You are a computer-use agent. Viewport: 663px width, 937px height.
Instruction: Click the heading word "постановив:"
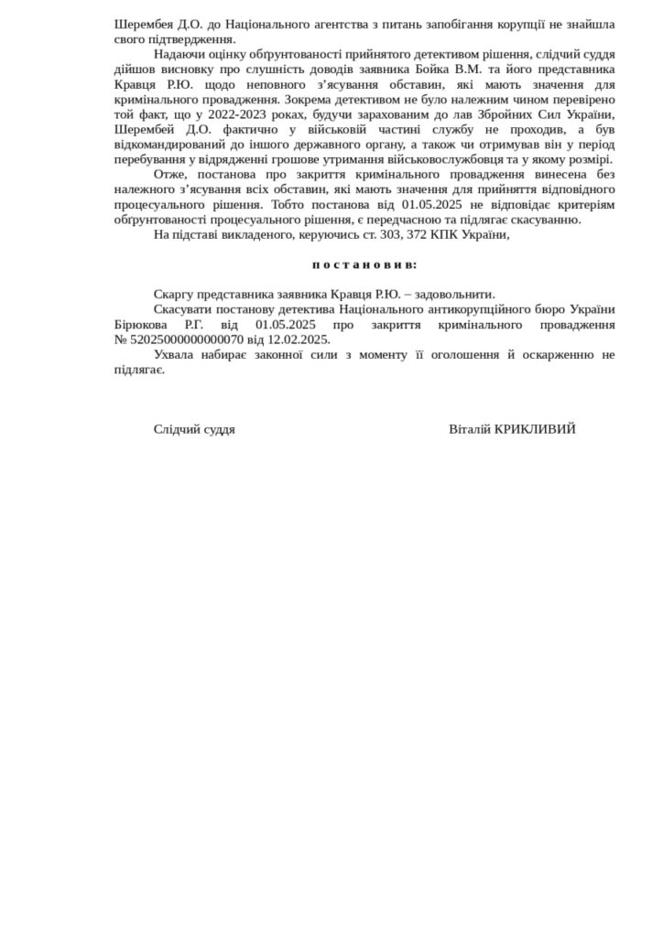[364, 264]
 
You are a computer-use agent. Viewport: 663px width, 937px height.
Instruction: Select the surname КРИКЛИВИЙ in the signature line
[535, 429]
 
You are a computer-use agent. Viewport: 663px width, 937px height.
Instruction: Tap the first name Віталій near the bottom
[470, 429]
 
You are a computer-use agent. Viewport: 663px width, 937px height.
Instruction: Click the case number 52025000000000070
[179, 339]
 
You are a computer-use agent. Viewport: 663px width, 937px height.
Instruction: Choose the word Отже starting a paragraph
[169, 175]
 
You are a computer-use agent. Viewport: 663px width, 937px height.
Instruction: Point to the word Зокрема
[307, 99]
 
